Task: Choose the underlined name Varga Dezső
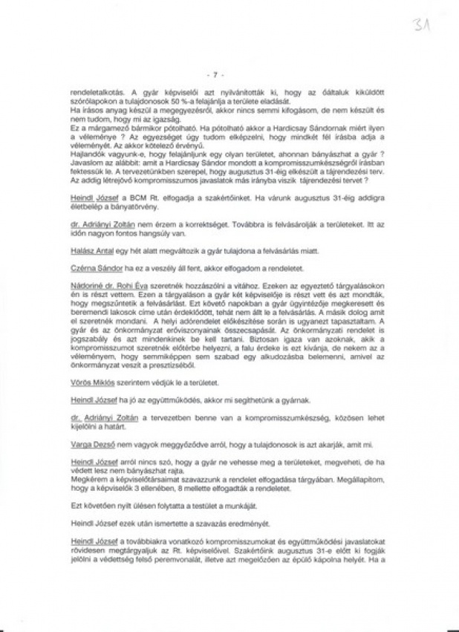(88, 444)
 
